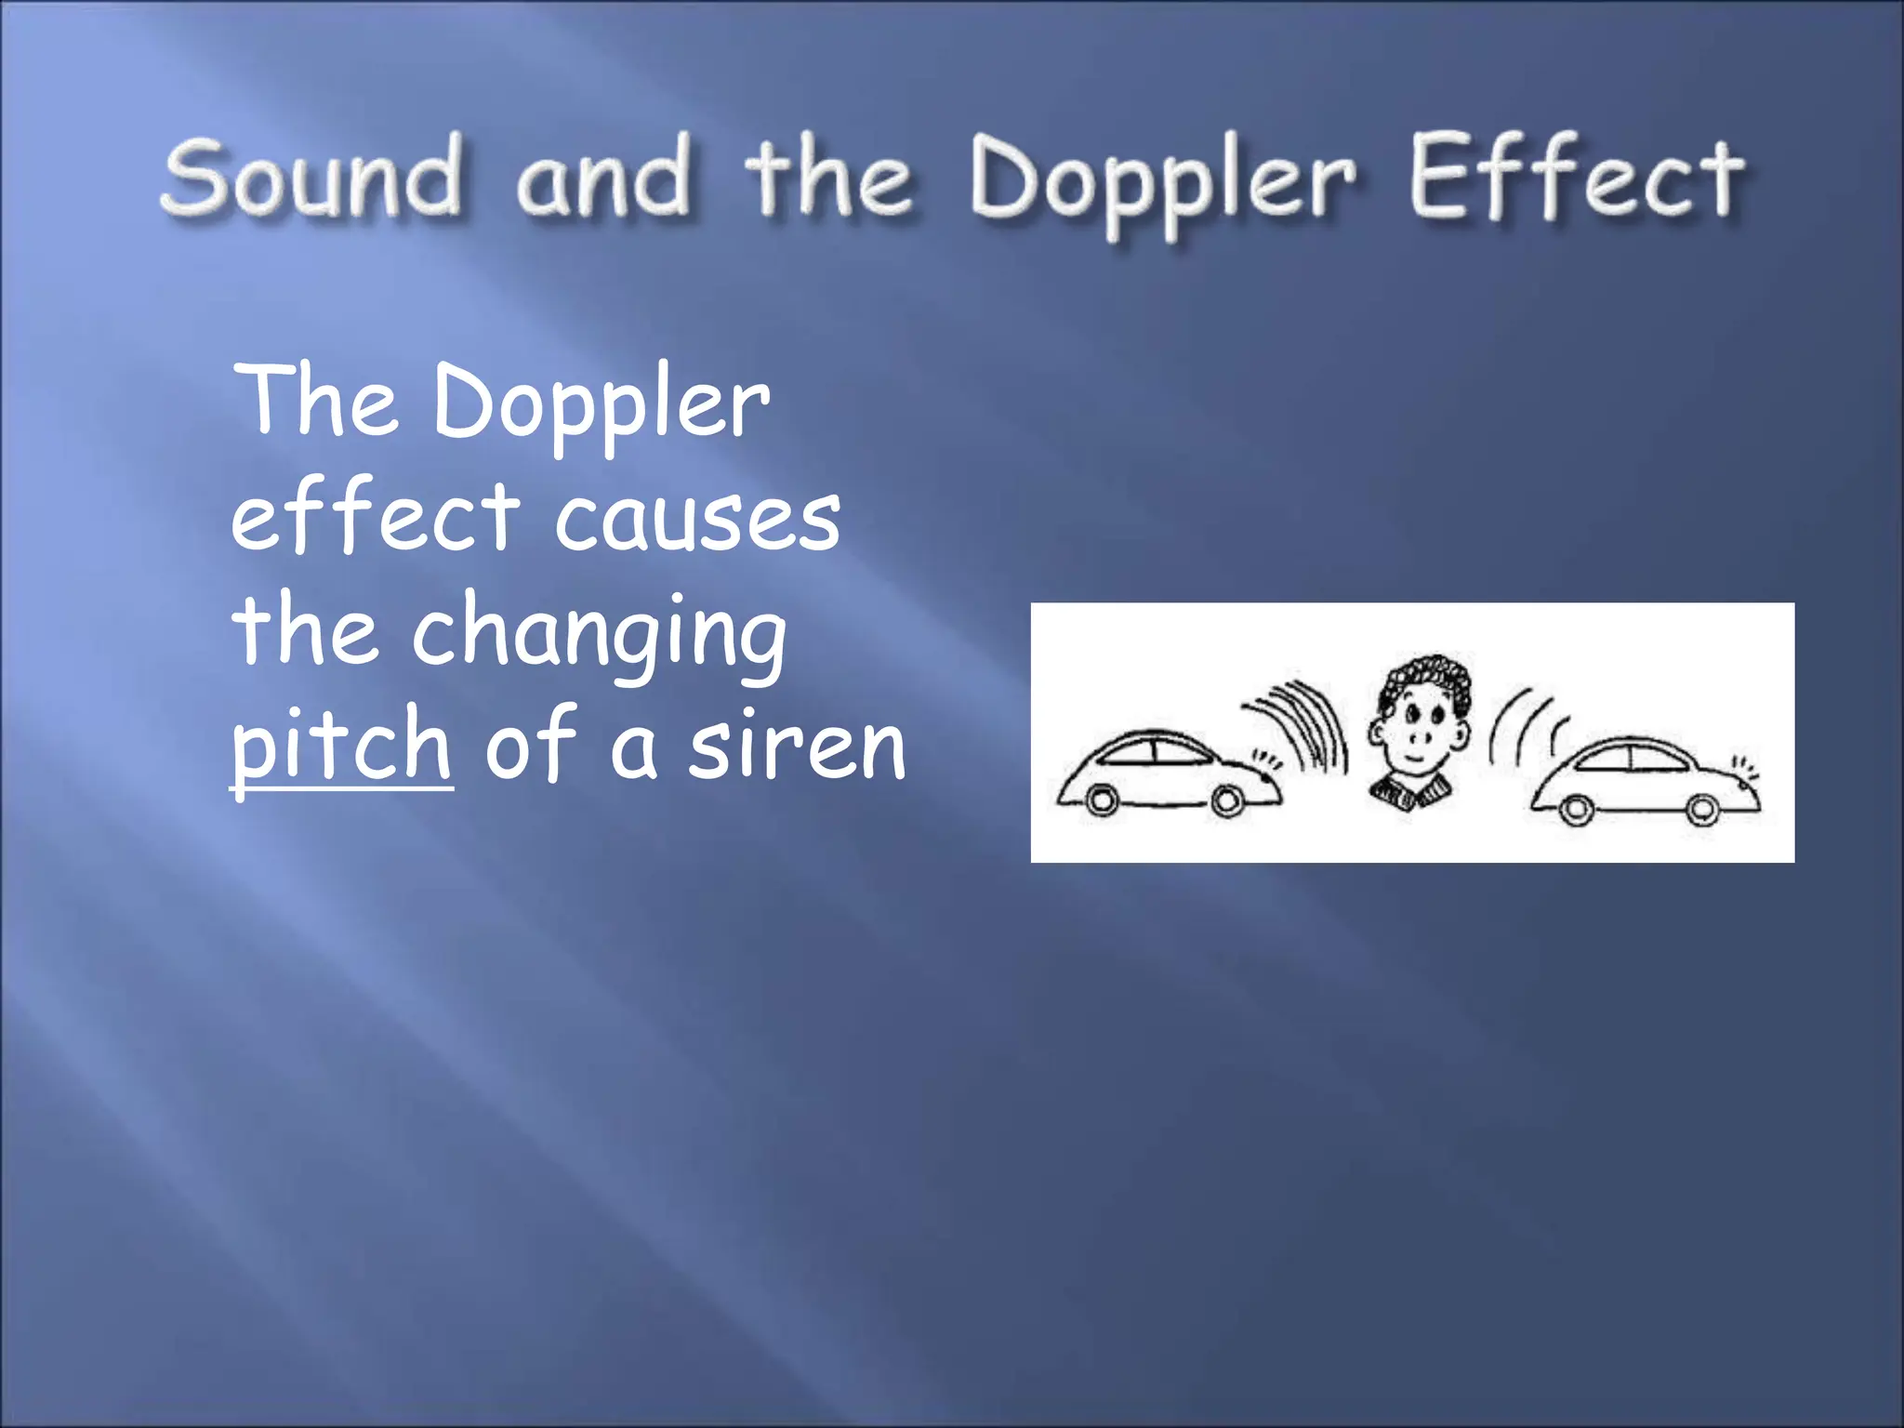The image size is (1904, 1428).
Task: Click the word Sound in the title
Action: click(311, 177)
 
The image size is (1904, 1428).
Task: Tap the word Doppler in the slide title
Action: click(1162, 181)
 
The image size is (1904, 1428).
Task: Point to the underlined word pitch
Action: click(341, 744)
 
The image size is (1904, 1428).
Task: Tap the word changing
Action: click(600, 632)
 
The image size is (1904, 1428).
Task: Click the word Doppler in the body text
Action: click(601, 403)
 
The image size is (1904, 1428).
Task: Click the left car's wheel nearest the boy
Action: click(1228, 800)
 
